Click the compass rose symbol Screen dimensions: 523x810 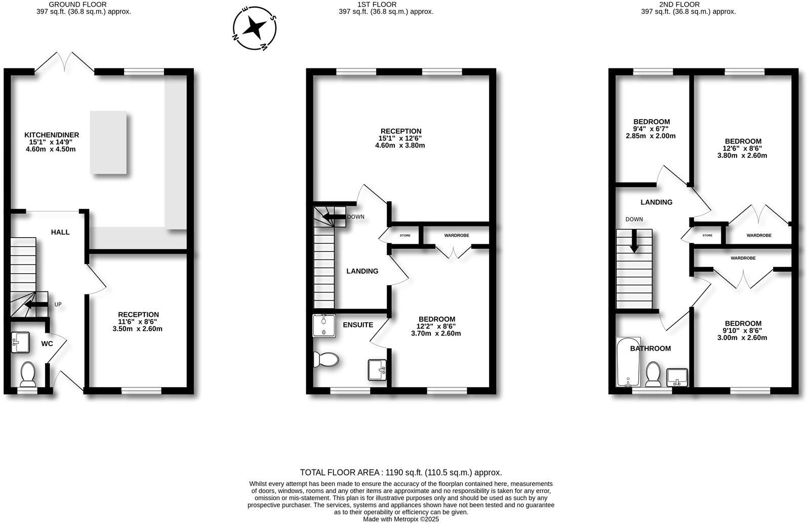point(254,28)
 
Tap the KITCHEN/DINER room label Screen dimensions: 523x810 point(52,135)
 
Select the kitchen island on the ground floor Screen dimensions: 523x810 point(108,142)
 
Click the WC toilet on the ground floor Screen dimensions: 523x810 point(27,374)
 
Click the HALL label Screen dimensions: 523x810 point(60,232)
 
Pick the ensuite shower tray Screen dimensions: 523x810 point(324,325)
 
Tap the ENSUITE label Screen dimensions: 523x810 point(358,325)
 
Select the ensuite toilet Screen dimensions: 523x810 point(326,360)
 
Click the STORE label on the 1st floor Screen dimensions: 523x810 point(405,236)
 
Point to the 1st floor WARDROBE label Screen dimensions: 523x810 point(457,236)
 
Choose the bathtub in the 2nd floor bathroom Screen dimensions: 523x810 point(628,362)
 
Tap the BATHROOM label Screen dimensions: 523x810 point(651,348)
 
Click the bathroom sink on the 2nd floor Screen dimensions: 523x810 point(677,377)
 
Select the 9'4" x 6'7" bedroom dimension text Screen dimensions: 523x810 point(651,129)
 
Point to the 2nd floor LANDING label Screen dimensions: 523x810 point(657,202)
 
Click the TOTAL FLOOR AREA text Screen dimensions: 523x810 point(401,472)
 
